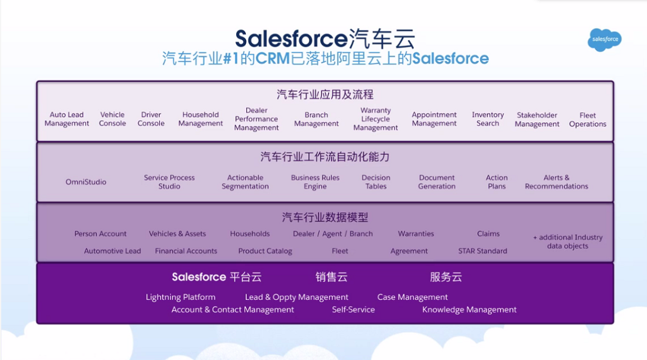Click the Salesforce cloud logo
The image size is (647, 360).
pyautogui.click(x=604, y=39)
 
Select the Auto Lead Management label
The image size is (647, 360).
pyautogui.click(x=67, y=119)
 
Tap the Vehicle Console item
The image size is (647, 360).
pyautogui.click(x=112, y=119)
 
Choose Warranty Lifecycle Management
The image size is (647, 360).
pyautogui.click(x=375, y=119)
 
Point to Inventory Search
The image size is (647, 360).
pyautogui.click(x=488, y=119)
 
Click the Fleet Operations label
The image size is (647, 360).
pyautogui.click(x=588, y=120)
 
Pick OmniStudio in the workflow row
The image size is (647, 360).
pyautogui.click(x=86, y=182)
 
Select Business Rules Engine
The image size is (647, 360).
pyautogui.click(x=315, y=182)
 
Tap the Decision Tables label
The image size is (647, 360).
pyautogui.click(x=376, y=182)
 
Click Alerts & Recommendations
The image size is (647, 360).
pyautogui.click(x=556, y=182)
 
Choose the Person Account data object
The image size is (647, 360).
pyautogui.click(x=100, y=234)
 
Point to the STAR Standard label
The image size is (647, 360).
pyautogui.click(x=482, y=251)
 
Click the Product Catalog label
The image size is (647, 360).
pyautogui.click(x=265, y=251)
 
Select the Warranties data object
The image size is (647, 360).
pyautogui.click(x=416, y=234)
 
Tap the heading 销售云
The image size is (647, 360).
pyautogui.click(x=332, y=277)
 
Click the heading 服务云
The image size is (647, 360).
pyautogui.click(x=446, y=277)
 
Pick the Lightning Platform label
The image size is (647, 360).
pyautogui.click(x=180, y=297)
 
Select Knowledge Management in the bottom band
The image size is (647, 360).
pyautogui.click(x=469, y=310)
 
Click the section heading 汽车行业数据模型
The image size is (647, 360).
pyautogui.click(x=325, y=217)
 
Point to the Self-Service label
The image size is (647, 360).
pyautogui.click(x=353, y=310)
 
